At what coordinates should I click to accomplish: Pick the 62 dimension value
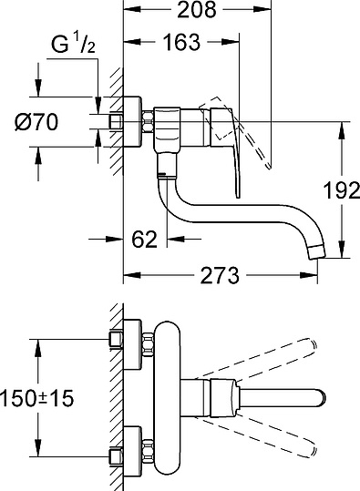pyautogui.click(x=143, y=240)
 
